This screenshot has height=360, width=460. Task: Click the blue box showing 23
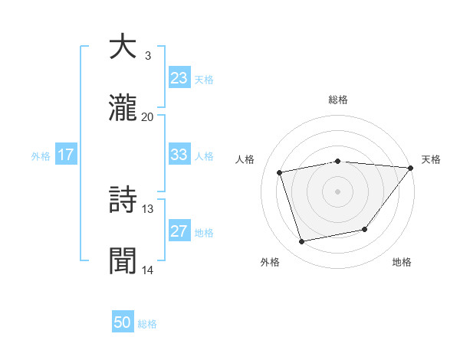click(x=179, y=78)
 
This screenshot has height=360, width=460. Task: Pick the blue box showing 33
click(x=179, y=154)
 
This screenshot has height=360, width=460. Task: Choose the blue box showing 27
click(x=179, y=231)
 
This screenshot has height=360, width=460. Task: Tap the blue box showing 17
click(x=66, y=155)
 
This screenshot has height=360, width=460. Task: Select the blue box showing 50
click(x=123, y=322)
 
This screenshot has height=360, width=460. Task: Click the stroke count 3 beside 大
click(x=147, y=56)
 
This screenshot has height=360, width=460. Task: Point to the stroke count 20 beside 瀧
click(x=147, y=117)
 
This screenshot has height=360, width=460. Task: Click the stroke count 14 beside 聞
click(x=147, y=270)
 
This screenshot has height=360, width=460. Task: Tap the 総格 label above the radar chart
click(x=338, y=100)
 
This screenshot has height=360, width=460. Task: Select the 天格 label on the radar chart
click(x=431, y=159)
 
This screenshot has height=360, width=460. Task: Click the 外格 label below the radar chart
click(x=270, y=263)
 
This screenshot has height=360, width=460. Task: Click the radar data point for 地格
click(x=365, y=229)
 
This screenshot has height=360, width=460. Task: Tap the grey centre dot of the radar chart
click(x=337, y=191)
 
